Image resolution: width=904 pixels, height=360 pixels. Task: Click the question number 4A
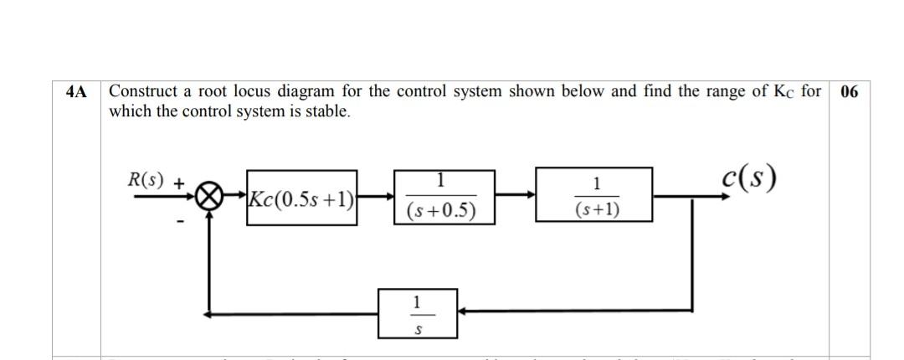[75, 92]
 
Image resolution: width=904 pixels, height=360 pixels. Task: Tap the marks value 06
[849, 92]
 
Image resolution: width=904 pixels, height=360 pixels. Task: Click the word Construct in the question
[141, 91]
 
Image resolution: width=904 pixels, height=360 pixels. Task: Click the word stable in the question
[328, 111]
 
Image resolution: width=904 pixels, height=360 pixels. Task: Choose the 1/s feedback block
[418, 312]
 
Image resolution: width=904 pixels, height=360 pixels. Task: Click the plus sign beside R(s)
[179, 181]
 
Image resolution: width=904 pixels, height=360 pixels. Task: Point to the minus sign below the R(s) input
[179, 221]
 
